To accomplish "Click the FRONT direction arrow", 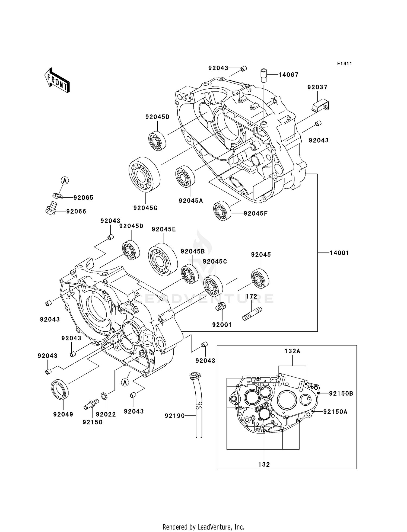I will pos(57,81).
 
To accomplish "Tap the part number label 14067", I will pos(288,75).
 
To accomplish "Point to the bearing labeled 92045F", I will pos(222,211).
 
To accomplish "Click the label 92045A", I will pos(191,201).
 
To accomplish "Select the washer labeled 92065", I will pos(57,196).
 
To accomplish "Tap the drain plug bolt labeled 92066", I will pos(51,209).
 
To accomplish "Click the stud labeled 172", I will pos(252,313).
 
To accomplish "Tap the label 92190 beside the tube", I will pos(174,416).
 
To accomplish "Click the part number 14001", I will pos(339,253).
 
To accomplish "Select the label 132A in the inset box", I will pos(292,351).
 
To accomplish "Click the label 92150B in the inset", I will pos(341,393).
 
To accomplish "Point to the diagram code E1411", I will pos(345,64).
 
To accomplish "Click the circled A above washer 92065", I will pos(65,180).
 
